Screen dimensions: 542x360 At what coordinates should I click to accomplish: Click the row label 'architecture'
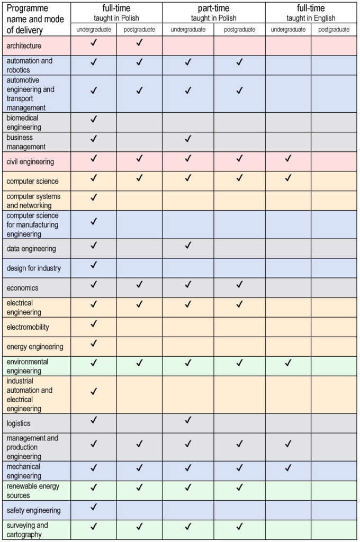click(24, 46)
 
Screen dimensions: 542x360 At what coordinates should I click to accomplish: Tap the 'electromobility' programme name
click(28, 327)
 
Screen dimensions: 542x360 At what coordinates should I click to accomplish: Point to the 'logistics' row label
click(19, 423)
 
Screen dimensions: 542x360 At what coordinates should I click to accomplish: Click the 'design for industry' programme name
click(33, 268)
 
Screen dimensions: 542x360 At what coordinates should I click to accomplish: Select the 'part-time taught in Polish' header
click(214, 13)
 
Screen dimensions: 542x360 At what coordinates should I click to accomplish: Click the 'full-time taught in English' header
click(311, 13)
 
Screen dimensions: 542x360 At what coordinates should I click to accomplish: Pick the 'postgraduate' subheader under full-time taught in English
click(334, 30)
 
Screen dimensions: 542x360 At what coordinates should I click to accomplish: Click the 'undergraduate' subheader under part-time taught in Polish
click(188, 30)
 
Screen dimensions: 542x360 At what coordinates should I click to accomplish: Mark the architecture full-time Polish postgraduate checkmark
click(139, 43)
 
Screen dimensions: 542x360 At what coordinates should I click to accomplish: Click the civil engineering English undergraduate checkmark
click(288, 158)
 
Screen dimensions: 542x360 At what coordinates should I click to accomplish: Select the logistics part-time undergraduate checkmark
click(188, 420)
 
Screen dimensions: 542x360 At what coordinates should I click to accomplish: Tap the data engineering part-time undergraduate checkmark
click(188, 245)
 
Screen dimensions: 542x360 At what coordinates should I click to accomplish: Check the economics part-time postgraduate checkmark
click(239, 285)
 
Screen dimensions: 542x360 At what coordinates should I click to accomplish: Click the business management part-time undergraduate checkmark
click(188, 139)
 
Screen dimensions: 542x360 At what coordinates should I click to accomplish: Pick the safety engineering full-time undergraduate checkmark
click(94, 507)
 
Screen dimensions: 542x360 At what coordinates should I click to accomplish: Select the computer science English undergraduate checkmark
click(288, 178)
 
